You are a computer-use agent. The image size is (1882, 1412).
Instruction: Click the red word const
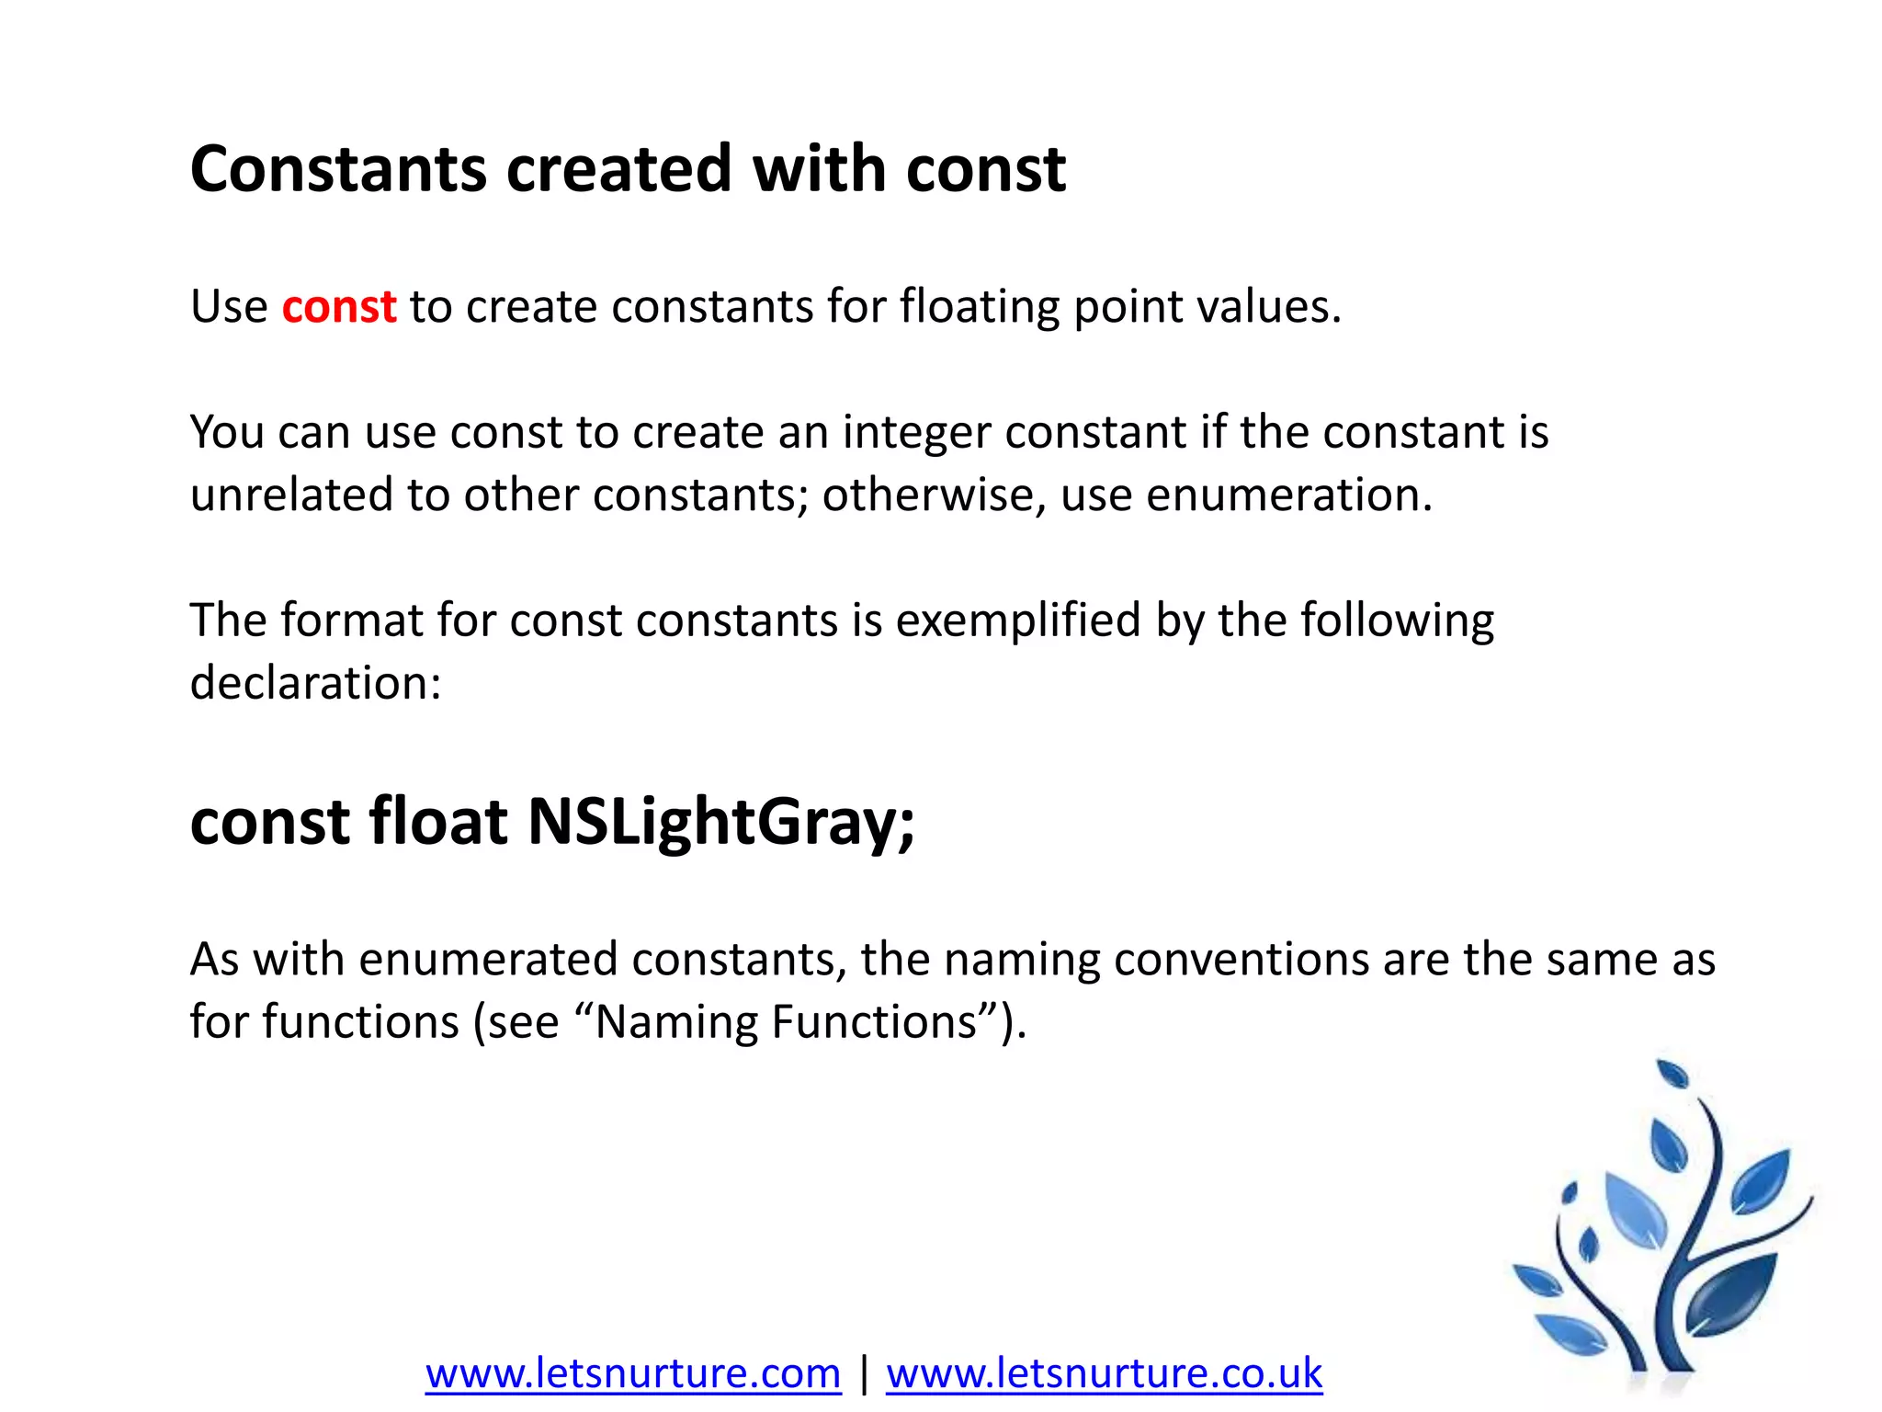338,306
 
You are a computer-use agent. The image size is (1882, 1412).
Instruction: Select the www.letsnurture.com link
633,1373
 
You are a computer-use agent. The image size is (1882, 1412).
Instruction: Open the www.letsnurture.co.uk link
1104,1373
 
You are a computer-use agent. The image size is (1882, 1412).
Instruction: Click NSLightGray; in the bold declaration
721,821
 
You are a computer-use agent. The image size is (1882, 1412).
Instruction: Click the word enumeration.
1289,495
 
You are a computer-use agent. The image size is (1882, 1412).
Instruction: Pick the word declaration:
315,683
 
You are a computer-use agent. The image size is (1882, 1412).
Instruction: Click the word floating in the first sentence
980,306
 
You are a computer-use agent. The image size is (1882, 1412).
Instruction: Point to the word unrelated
291,495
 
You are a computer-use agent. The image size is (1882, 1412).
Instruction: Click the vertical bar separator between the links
864,1373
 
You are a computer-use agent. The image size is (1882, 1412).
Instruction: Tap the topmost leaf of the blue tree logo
1672,1074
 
